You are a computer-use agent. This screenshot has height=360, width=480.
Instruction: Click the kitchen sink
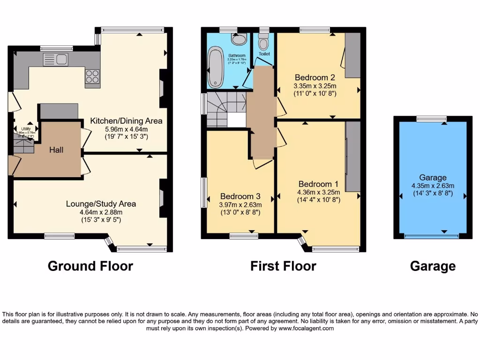pyautogui.click(x=55, y=60)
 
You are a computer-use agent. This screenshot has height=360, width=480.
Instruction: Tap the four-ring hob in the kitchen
pyautogui.click(x=92, y=76)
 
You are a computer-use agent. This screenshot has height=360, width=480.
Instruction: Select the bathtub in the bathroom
pyautogui.click(x=217, y=67)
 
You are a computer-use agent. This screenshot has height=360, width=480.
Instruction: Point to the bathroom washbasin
pyautogui.click(x=240, y=39)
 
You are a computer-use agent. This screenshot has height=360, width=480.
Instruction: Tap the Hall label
pyautogui.click(x=57, y=150)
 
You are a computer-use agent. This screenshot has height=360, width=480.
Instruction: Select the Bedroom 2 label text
pyautogui.click(x=315, y=77)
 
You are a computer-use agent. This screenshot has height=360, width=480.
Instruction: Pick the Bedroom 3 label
pyautogui.click(x=240, y=196)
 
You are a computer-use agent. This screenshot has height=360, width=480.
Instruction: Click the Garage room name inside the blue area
pyautogui.click(x=433, y=178)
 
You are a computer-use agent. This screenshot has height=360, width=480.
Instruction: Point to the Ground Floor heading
pyautogui.click(x=90, y=266)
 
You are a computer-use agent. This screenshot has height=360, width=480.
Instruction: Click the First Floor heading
pyautogui.click(x=283, y=266)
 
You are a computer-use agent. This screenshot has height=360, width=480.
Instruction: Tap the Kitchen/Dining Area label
pyautogui.click(x=127, y=121)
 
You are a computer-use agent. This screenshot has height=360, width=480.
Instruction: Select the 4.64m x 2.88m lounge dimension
pyautogui.click(x=101, y=212)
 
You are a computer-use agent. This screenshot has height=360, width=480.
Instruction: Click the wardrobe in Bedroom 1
pyautogui.click(x=353, y=157)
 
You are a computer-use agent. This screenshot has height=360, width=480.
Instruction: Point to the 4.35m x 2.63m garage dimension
pyautogui.click(x=433, y=185)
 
